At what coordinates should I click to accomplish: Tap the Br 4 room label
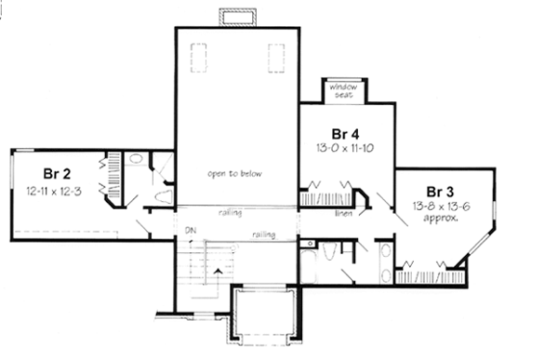(x=345, y=131)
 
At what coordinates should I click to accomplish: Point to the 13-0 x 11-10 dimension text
(x=345, y=147)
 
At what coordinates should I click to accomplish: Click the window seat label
(x=345, y=89)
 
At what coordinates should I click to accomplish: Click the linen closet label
(x=343, y=213)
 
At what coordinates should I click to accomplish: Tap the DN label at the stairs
(x=190, y=230)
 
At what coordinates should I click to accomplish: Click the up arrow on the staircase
(x=219, y=269)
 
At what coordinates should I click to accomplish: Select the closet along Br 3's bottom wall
(x=431, y=273)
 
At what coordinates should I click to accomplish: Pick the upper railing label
(x=231, y=213)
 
